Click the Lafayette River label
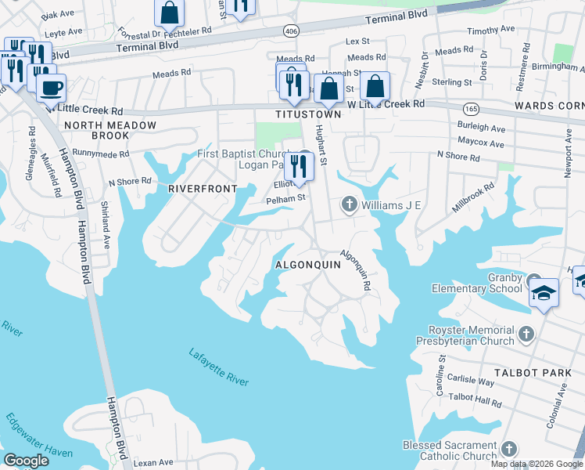[218, 367]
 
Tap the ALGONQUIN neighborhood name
[308, 266]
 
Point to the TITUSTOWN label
[308, 114]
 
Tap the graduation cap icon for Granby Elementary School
[543, 294]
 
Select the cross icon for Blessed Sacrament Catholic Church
[508, 449]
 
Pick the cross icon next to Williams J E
[349, 205]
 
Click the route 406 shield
[291, 31]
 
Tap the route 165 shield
[471, 107]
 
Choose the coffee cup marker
[51, 89]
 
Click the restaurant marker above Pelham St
[298, 166]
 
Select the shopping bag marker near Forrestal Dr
[169, 13]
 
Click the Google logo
[27, 461]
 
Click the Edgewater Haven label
[37, 439]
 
